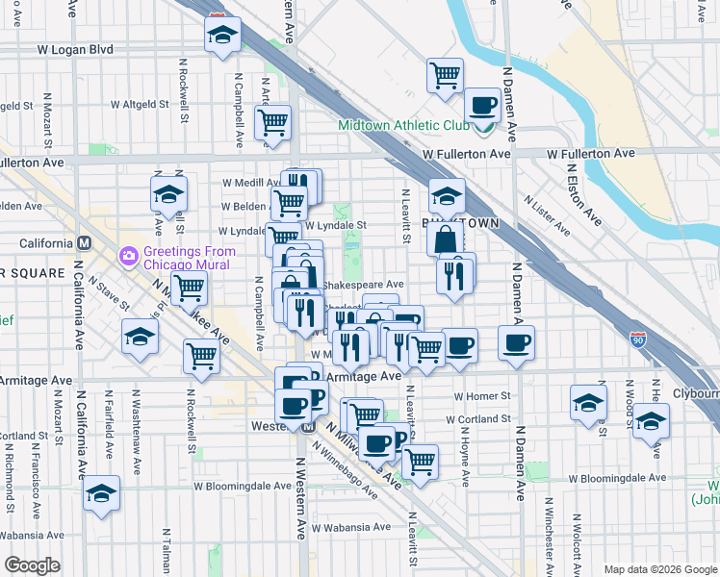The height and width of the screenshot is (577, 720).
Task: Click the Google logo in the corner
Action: [32, 565]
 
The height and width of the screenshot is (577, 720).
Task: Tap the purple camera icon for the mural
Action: [127, 255]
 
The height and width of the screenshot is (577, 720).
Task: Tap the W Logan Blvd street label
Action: [75, 49]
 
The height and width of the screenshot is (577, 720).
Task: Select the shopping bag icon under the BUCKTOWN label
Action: [446, 239]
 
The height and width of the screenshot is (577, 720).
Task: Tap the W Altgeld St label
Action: [141, 103]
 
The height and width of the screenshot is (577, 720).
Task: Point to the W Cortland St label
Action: [478, 419]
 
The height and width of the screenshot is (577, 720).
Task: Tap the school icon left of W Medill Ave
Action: [168, 193]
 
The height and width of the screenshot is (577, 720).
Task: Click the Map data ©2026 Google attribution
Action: [659, 569]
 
